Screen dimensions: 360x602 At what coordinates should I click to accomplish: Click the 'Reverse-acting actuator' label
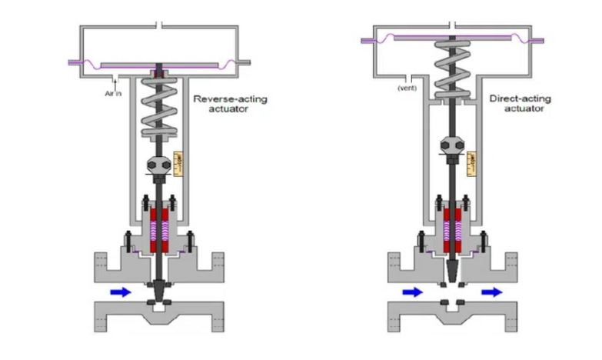[x=230, y=104]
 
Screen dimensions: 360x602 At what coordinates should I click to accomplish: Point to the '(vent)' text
[x=406, y=88]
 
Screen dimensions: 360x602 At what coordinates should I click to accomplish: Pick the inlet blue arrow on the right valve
[x=413, y=292]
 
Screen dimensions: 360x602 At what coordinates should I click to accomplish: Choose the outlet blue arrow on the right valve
[x=493, y=292]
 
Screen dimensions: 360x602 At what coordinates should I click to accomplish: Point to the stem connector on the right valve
[x=451, y=147]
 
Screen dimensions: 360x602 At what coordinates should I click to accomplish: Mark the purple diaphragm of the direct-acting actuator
[x=454, y=37]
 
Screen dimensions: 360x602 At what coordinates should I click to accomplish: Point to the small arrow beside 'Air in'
[x=115, y=79]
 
